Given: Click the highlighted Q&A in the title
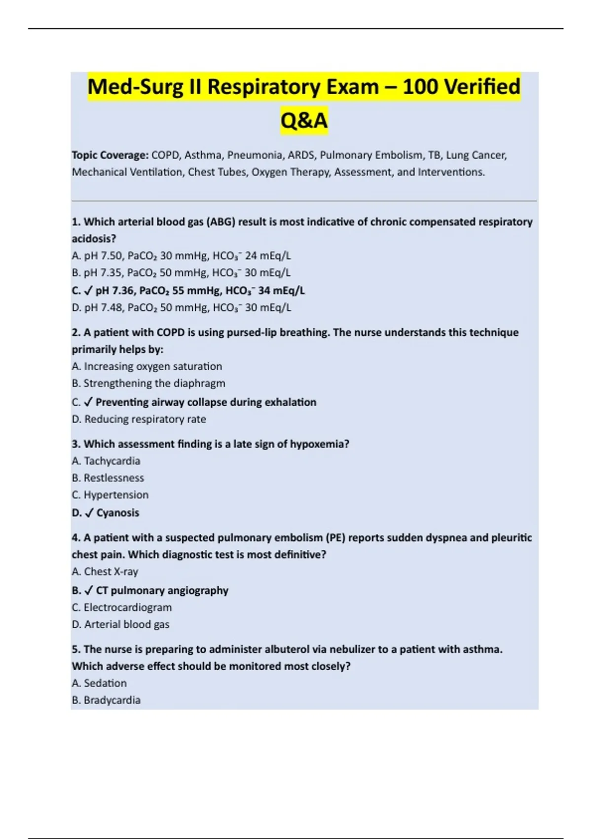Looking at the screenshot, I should pos(304,120).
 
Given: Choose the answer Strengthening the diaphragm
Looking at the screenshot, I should pos(154,383).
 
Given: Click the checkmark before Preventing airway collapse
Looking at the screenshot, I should pos(88,402).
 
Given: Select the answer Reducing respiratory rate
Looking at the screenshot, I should pos(145,419).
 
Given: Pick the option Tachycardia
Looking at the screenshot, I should pos(112,460).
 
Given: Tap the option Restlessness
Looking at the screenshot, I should pos(113,478).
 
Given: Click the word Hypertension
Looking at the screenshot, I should pos(116,495).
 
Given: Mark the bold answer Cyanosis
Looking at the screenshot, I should pos(117,513).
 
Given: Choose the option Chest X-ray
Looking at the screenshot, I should pos(111,572).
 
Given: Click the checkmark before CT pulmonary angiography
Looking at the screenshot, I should pos(89,591).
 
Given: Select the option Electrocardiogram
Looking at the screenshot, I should pos(127,607).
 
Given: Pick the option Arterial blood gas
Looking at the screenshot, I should pos(126,624).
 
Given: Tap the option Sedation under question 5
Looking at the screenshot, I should pos(105,683).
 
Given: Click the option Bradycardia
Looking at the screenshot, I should pos(112,700).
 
